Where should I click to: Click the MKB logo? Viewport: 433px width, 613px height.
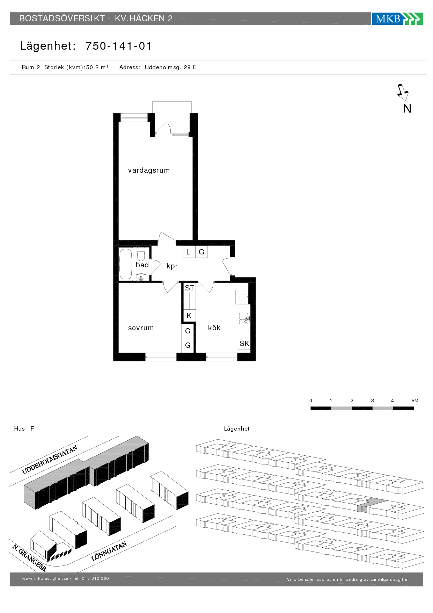[x=397, y=19]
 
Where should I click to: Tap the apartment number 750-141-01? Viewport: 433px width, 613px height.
[x=119, y=46]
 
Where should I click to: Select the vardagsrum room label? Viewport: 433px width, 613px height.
[x=149, y=171]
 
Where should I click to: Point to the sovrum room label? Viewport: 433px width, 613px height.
[x=141, y=328]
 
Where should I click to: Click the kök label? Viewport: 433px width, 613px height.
[x=214, y=327]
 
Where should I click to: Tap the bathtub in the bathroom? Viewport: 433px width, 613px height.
[x=126, y=264]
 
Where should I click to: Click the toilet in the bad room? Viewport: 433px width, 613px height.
[x=141, y=254]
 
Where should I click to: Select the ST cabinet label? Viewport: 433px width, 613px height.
[x=190, y=288]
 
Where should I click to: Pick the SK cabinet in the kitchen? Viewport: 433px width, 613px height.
[x=244, y=344]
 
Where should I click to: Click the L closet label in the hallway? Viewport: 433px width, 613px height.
[x=188, y=252]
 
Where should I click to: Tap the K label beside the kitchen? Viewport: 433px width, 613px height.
[x=189, y=316]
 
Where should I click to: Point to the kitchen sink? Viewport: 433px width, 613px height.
[x=244, y=318]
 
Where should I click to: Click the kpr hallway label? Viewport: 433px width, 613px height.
[x=172, y=266]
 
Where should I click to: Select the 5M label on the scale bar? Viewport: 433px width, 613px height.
[x=415, y=401]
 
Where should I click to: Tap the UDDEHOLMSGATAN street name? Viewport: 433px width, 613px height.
[x=50, y=459]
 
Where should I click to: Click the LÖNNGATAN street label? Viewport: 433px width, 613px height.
[x=109, y=551]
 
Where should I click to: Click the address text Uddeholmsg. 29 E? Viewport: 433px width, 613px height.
[x=171, y=67]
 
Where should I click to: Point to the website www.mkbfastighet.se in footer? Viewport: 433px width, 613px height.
[x=45, y=578]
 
